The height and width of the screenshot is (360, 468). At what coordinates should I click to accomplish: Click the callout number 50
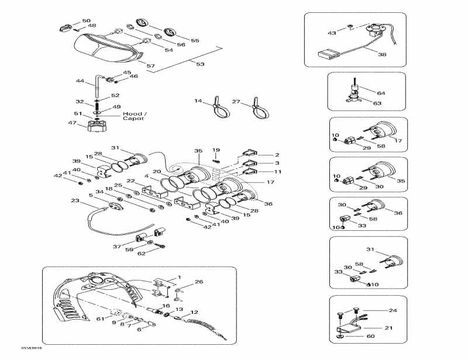coord(86,20)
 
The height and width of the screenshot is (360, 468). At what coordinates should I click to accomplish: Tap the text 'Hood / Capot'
coord(135,116)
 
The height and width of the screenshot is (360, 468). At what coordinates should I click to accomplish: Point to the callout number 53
coord(200,64)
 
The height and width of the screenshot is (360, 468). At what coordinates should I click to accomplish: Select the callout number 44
coord(81,81)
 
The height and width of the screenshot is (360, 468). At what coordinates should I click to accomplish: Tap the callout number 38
coord(382,54)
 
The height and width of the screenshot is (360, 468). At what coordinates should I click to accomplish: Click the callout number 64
coord(381,93)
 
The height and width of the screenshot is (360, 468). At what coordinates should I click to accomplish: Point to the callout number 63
coord(377,103)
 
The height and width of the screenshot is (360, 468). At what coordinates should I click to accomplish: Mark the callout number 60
coord(370,336)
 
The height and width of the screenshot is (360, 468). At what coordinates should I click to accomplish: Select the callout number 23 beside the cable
coord(75,200)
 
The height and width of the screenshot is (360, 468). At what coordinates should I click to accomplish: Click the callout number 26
coord(199,282)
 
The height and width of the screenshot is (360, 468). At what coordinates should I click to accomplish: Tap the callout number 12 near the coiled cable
coord(194,312)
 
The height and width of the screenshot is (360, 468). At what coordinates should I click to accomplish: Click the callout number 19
coord(216,150)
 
